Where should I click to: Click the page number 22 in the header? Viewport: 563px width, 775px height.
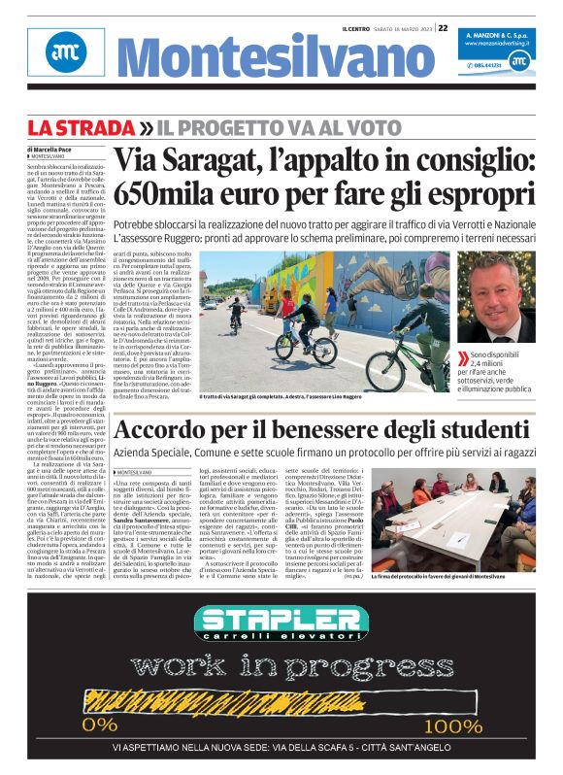(443, 28)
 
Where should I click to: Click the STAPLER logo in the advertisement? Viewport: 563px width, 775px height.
(281, 623)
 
